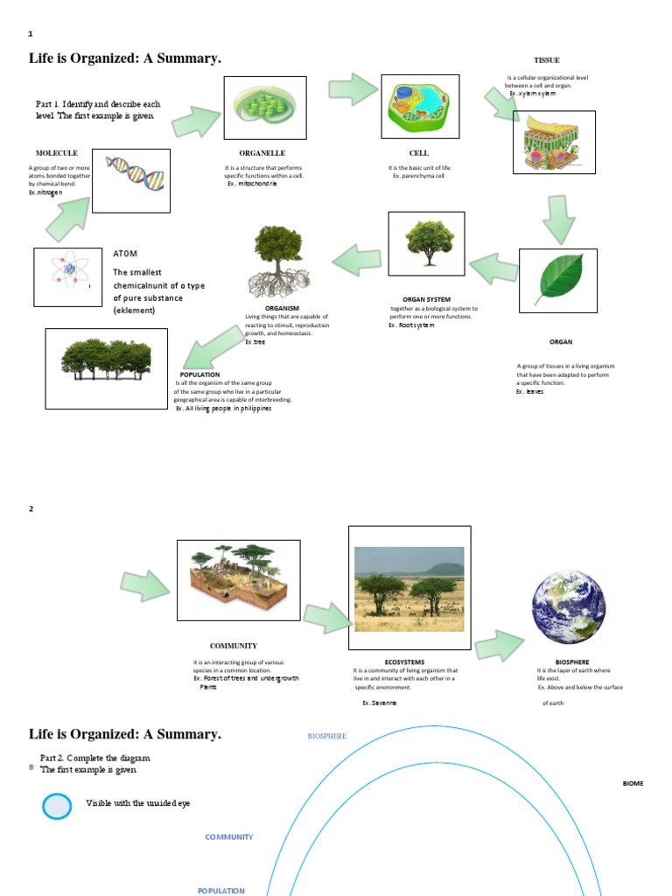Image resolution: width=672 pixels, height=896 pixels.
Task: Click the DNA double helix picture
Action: click(131, 179)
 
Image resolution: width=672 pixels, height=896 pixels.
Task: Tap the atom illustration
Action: click(68, 276)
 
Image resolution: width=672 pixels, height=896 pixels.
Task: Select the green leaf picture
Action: click(557, 280)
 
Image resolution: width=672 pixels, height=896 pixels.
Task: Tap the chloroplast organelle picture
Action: click(265, 107)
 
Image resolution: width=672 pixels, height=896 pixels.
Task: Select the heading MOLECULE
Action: click(57, 153)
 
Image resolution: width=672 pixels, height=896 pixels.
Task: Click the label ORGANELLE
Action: click(262, 153)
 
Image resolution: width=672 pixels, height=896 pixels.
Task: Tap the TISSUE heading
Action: click(546, 60)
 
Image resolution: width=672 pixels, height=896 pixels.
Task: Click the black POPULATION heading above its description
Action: click(199, 374)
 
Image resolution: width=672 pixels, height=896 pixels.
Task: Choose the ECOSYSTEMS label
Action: click(404, 662)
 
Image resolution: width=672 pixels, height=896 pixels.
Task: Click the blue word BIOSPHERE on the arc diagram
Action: click(327, 737)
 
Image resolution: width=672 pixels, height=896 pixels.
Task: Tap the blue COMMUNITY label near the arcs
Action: click(229, 837)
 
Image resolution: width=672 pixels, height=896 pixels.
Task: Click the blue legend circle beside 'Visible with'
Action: click(57, 805)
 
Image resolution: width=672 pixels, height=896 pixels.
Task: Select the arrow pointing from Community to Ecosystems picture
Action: click(325, 618)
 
